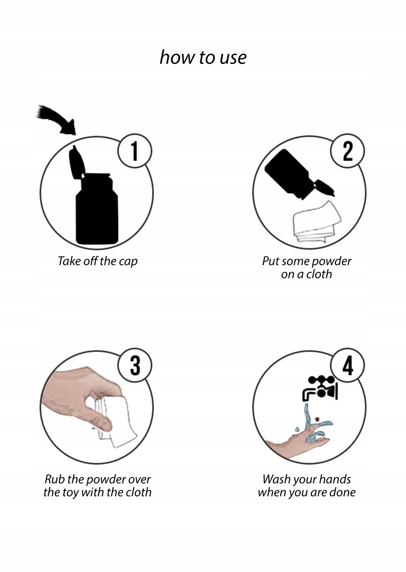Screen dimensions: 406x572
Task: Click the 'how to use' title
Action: [203, 57]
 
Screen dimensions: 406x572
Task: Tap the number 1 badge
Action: [135, 151]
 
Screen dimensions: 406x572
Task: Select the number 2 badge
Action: [348, 151]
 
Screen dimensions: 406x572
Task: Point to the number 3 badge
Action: [135, 365]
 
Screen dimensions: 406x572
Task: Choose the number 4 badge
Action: [348, 365]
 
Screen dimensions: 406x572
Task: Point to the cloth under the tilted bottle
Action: [317, 222]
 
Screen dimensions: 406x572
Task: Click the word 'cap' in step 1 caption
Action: [128, 262]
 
